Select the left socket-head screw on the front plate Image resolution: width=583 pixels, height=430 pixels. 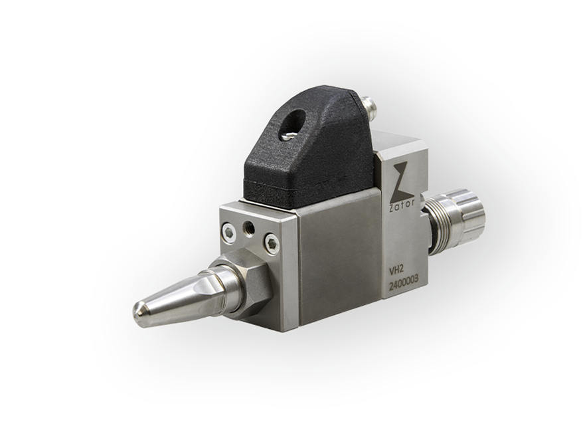pos(228,233)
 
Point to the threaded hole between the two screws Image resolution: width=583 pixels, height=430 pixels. pos(248,226)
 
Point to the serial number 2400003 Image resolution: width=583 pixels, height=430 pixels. pos(404,286)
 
